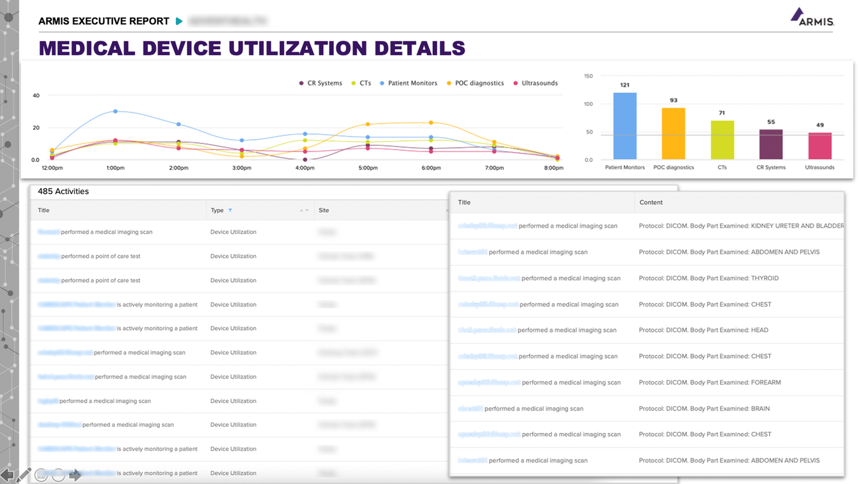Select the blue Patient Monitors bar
(625, 126)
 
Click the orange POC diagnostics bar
(673, 133)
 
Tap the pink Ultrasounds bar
(819, 146)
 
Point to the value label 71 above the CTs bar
(722, 113)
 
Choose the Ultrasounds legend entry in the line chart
(539, 83)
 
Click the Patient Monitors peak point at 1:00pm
(116, 111)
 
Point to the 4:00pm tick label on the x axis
(305, 168)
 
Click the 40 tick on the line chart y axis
(36, 96)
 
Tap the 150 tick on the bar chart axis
(588, 76)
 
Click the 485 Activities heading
(63, 191)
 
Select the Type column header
(217, 210)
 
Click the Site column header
(324, 210)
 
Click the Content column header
(651, 202)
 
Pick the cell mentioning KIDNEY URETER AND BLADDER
(741, 226)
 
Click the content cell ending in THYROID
(708, 278)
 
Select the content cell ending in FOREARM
(710, 383)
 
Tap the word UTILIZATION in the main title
(298, 48)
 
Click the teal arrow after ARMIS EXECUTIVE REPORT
(179, 21)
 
